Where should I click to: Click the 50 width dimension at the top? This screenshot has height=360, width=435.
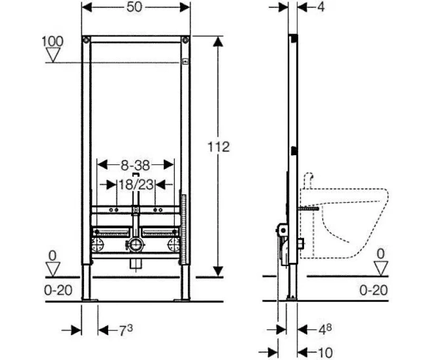click(x=134, y=7)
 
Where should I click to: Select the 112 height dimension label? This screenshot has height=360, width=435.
click(x=219, y=147)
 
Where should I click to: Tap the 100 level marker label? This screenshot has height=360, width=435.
click(x=52, y=42)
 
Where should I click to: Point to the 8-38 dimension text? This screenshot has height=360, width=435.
click(x=135, y=165)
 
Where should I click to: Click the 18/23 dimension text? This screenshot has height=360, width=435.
click(x=136, y=184)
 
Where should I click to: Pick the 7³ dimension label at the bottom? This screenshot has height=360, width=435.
click(x=126, y=330)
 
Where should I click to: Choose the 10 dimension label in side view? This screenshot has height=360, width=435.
click(x=325, y=353)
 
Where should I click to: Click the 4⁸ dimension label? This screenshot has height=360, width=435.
click(x=325, y=329)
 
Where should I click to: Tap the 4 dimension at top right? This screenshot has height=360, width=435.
click(x=320, y=7)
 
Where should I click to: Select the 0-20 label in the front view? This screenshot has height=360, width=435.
click(x=58, y=290)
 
